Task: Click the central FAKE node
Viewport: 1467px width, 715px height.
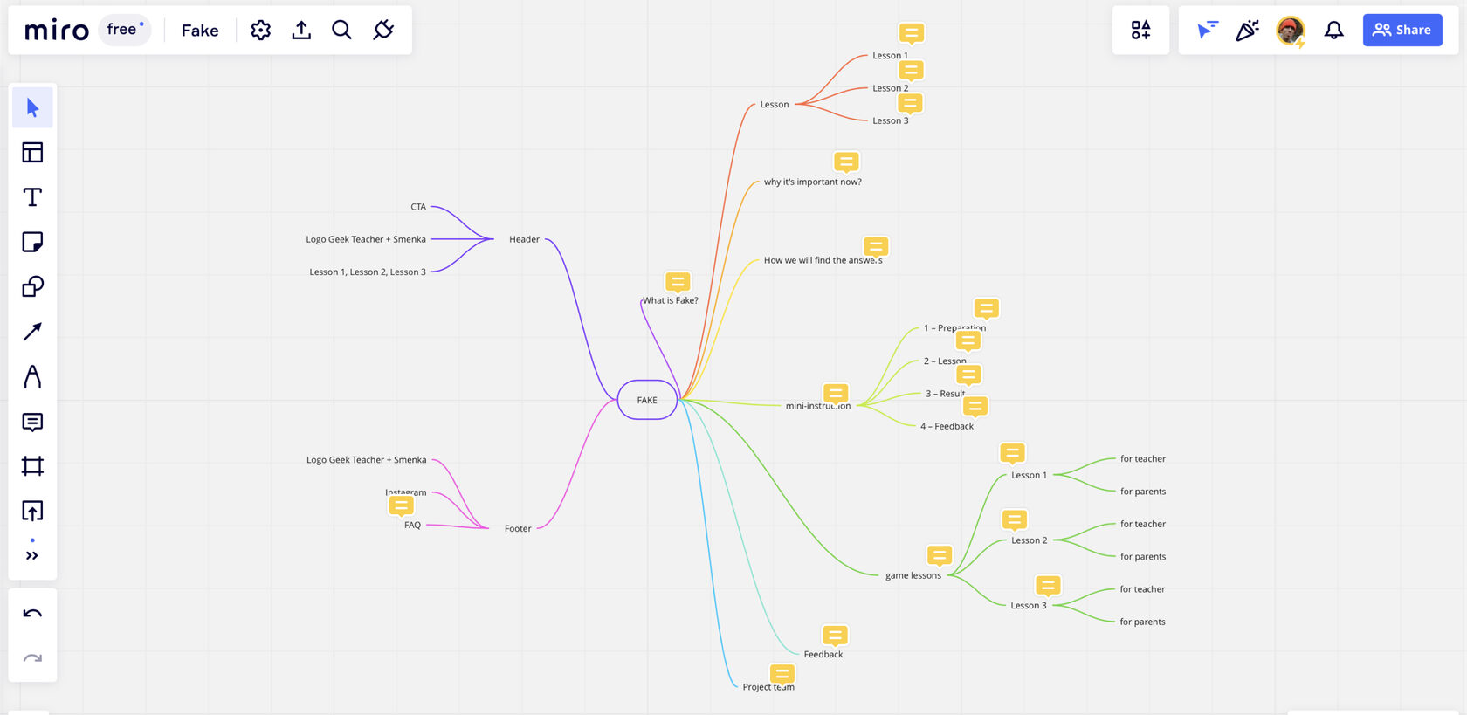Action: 647,400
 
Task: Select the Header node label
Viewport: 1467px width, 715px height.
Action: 524,239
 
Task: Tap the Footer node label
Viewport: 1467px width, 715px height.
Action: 518,528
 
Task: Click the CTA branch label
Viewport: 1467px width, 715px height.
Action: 418,207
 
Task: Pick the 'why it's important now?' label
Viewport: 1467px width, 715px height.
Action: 812,182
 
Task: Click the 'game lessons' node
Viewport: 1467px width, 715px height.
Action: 913,575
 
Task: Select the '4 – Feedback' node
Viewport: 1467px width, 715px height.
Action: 947,426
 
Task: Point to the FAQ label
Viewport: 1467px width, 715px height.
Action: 412,525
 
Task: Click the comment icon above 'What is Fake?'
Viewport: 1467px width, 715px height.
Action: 678,282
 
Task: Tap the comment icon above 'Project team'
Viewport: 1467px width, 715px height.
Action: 782,674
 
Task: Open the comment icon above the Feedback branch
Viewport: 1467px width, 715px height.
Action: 835,636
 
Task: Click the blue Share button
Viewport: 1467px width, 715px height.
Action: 1402,30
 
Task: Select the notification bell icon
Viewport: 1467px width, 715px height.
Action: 1334,31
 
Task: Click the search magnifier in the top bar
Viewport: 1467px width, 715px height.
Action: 341,31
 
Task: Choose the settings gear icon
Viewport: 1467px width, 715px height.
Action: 260,31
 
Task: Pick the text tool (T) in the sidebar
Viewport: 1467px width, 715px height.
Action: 32,197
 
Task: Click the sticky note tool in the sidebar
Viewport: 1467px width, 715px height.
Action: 32,242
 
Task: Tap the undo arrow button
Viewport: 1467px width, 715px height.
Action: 32,614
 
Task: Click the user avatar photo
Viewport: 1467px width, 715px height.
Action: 1291,31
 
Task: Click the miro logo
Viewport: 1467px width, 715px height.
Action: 57,31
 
